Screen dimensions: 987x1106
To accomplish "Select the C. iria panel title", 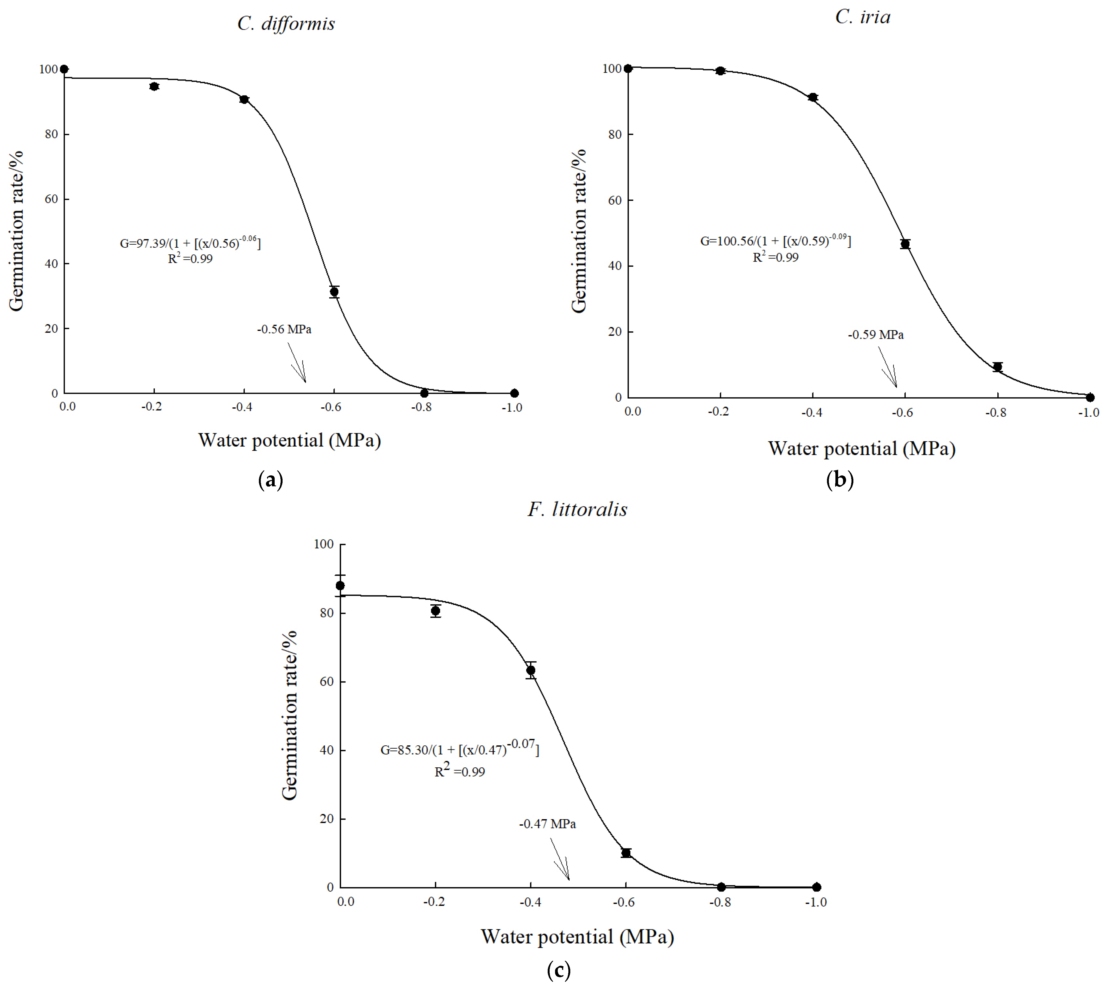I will [862, 17].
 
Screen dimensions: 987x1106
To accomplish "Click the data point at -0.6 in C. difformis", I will [334, 292].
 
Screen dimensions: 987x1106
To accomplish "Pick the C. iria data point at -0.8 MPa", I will [997, 367].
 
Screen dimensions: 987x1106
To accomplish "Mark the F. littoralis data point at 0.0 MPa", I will [340, 586].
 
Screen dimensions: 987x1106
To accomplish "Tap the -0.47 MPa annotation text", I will [547, 824].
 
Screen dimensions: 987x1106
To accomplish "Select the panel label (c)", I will [559, 969].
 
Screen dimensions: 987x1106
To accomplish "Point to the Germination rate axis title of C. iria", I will [579, 230].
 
